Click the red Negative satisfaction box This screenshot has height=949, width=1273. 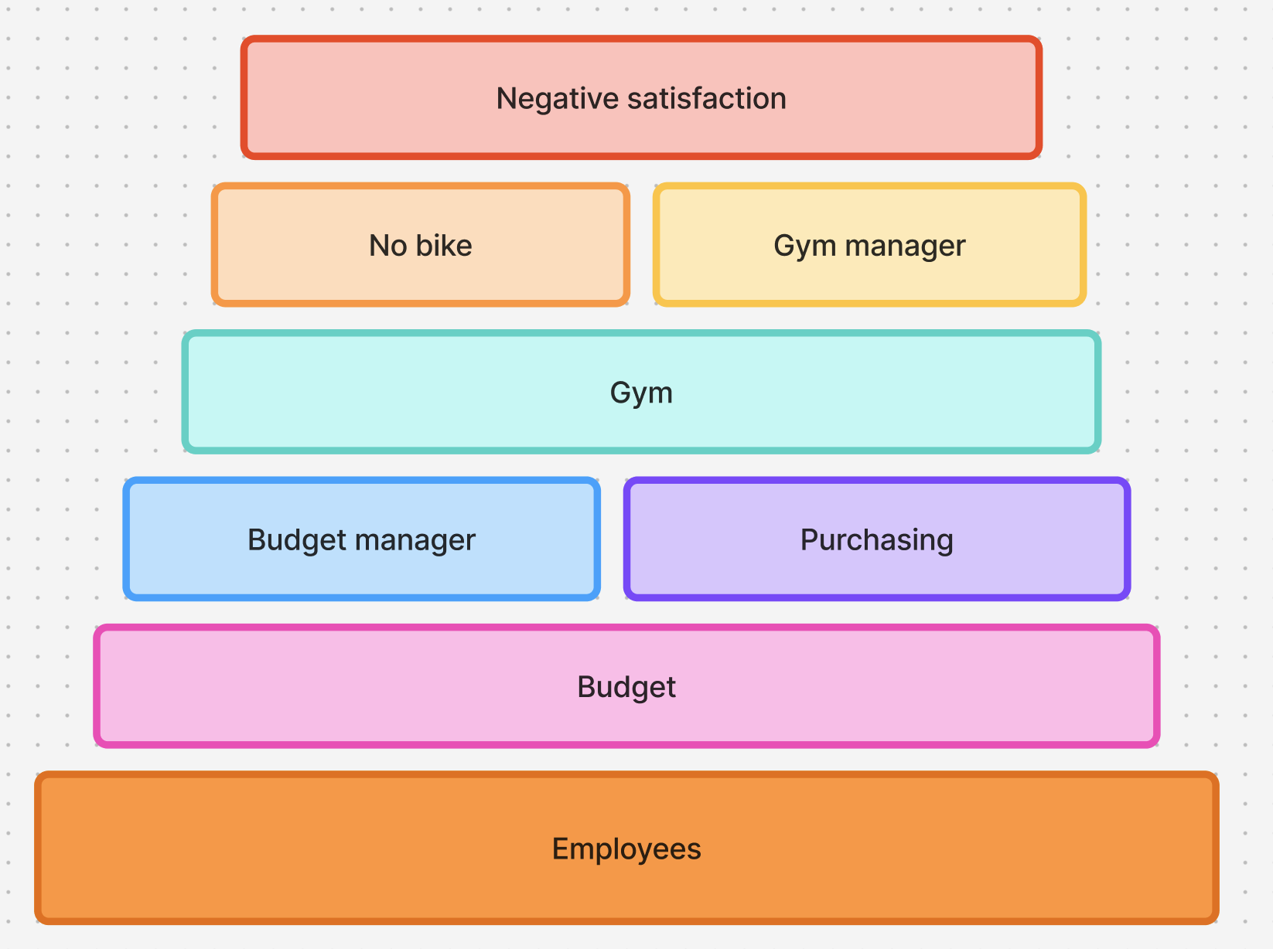pyautogui.click(x=641, y=97)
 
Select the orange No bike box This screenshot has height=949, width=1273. pyautogui.click(x=421, y=244)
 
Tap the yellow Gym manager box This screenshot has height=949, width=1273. pyautogui.click(x=869, y=244)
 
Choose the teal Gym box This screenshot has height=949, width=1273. pyautogui.click(x=641, y=392)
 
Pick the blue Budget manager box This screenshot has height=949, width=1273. pyautogui.click(x=361, y=539)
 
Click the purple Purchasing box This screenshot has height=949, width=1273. pyautogui.click(x=877, y=539)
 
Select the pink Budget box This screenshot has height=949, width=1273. pyautogui.click(x=626, y=686)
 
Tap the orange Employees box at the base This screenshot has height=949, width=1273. pyautogui.click(x=626, y=848)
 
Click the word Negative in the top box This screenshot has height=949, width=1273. pyautogui.click(x=558, y=99)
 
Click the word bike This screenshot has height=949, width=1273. pyautogui.click(x=444, y=245)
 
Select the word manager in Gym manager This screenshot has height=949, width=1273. pyautogui.click(x=906, y=247)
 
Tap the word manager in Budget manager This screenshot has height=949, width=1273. pyautogui.click(x=415, y=540)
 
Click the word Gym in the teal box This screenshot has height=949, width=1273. pyautogui.click(x=641, y=393)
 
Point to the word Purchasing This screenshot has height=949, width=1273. pyautogui.click(x=877, y=540)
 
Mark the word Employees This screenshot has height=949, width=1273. pyautogui.click(x=626, y=849)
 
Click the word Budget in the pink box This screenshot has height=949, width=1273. pyautogui.click(x=626, y=688)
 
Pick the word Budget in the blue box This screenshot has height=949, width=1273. pyautogui.click(x=298, y=540)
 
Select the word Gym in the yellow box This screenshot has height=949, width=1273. pyautogui.click(x=805, y=247)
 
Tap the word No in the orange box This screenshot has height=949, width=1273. pyautogui.click(x=388, y=245)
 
